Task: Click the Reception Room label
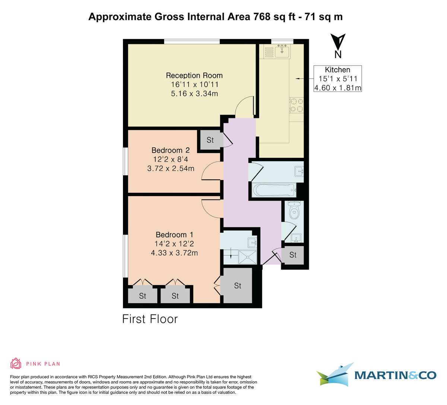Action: pyautogui.click(x=194, y=76)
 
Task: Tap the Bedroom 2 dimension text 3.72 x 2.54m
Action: pyautogui.click(x=171, y=169)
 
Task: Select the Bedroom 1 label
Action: pyautogui.click(x=174, y=235)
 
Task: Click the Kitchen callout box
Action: pyautogui.click(x=337, y=79)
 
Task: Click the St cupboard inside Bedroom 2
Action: pyautogui.click(x=210, y=140)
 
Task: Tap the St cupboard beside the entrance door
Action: pyautogui.click(x=293, y=255)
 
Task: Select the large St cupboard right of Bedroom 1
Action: pyautogui.click(x=237, y=286)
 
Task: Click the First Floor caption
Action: pyautogui.click(x=150, y=319)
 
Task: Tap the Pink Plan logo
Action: pyautogui.click(x=35, y=363)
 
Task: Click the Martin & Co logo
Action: pyautogui.click(x=376, y=374)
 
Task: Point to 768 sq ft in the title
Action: pyautogui.click(x=270, y=17)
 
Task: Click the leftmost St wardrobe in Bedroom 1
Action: pyautogui.click(x=142, y=296)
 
